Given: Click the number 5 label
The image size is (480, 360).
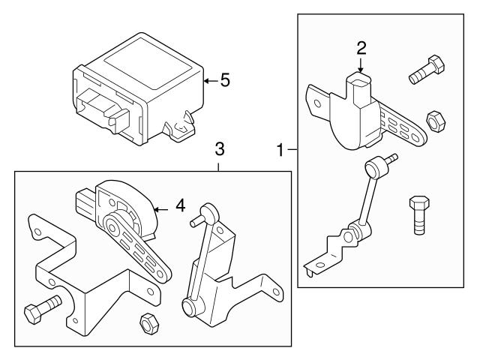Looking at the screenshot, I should point(224,79).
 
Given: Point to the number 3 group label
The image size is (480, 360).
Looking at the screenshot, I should point(218,149).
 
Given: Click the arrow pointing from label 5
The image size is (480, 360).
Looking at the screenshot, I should point(209,79).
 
